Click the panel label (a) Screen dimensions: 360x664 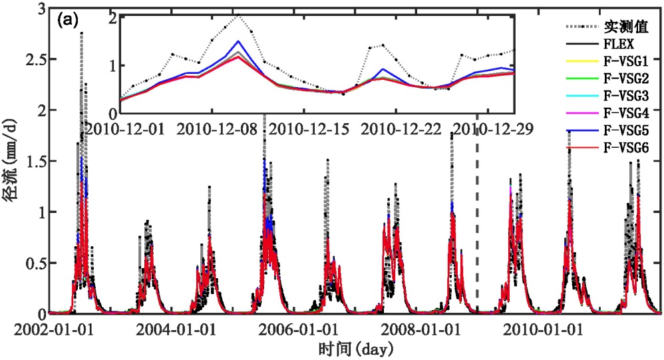coord(69,20)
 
